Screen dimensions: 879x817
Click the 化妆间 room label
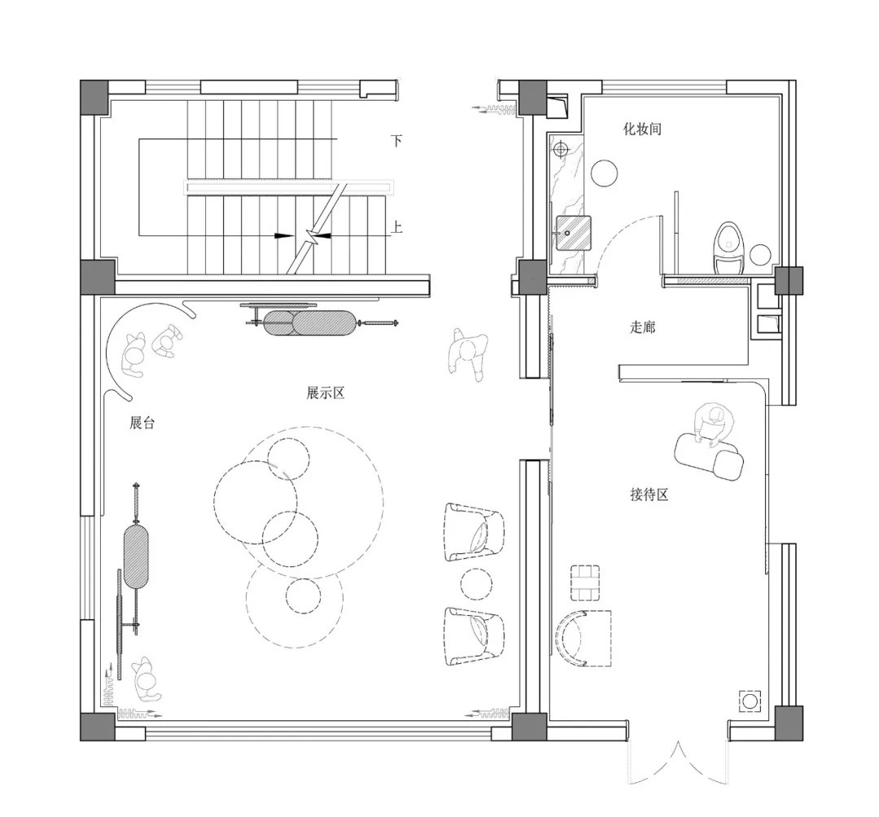642,129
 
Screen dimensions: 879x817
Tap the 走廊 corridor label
642,326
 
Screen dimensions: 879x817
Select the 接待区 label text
649,494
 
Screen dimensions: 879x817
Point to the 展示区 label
325,392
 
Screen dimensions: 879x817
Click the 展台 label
142,422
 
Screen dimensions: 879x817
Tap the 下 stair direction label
396,140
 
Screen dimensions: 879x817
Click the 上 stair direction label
396,227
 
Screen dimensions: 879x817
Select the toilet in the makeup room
729,247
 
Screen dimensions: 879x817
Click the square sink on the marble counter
574,233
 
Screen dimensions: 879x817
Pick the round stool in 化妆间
605,173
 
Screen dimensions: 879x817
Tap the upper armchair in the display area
474,531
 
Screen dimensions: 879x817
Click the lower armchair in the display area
474,636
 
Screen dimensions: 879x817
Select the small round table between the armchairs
476,584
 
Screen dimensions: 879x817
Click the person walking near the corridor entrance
468,353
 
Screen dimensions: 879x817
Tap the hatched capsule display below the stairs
309,323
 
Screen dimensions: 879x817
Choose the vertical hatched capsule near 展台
136,556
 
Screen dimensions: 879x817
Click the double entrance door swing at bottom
678,762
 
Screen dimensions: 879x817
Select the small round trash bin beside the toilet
760,255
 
